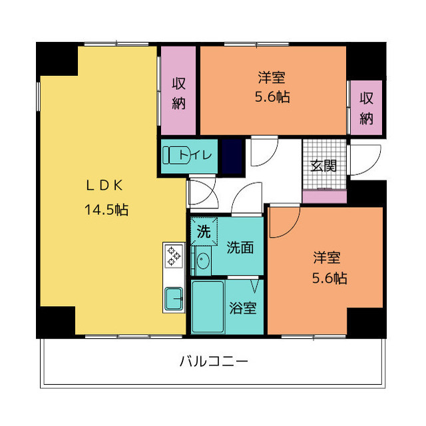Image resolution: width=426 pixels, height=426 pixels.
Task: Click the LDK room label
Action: [105, 186]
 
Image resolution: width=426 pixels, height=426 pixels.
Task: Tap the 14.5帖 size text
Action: [106, 210]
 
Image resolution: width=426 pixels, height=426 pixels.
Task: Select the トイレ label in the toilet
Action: [195, 155]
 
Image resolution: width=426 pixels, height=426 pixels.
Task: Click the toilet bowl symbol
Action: [176, 155]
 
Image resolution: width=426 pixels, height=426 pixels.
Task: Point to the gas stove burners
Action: [174, 256]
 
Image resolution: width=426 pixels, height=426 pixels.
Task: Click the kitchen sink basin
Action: [174, 299]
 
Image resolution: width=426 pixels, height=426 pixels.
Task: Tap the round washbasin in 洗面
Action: [202, 260]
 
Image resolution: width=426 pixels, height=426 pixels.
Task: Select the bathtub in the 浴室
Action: [208, 307]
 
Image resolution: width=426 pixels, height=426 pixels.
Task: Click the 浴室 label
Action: [242, 308]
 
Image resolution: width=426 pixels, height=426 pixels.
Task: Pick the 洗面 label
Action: [240, 247]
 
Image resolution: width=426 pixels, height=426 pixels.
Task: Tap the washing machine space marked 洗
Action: [204, 231]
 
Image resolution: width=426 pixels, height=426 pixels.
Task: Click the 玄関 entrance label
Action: [323, 166]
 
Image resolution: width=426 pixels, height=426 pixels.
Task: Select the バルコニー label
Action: [214, 361]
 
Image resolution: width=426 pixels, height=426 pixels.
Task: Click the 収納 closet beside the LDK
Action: [178, 91]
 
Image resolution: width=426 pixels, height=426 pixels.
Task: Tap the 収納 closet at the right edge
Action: [366, 108]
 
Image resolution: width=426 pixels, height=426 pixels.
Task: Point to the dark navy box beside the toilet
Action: [232, 156]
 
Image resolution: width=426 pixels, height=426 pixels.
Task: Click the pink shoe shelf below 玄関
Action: [324, 197]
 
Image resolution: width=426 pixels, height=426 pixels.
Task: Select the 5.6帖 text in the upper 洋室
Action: [272, 97]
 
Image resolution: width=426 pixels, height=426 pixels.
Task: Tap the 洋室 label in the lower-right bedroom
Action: [327, 258]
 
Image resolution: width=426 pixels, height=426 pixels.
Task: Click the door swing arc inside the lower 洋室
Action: [292, 229]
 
